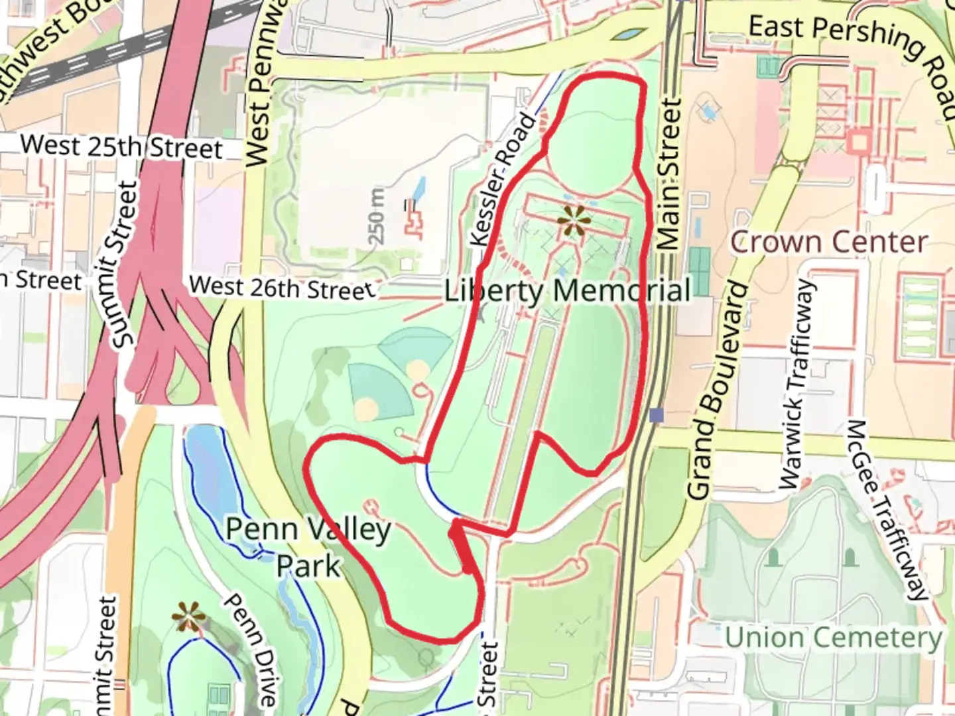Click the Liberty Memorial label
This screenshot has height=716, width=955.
click(x=568, y=290)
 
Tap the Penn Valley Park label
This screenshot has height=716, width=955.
click(x=308, y=548)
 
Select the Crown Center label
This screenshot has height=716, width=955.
click(x=828, y=242)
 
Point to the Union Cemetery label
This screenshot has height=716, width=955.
click(x=833, y=638)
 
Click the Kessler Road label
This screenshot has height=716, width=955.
click(x=502, y=180)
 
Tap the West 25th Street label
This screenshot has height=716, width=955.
click(x=121, y=147)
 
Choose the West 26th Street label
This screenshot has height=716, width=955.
click(x=281, y=287)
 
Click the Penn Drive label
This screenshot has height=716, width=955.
click(x=249, y=650)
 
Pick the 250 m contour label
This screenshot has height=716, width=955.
click(x=377, y=215)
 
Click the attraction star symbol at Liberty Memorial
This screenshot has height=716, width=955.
click(x=572, y=221)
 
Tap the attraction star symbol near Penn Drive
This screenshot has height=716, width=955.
click(x=188, y=618)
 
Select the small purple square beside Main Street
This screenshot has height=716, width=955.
click(x=657, y=415)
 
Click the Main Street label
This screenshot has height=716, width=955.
click(x=670, y=176)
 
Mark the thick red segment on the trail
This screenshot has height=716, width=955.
click(x=462, y=547)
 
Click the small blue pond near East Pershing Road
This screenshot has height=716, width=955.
click(x=630, y=33)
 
